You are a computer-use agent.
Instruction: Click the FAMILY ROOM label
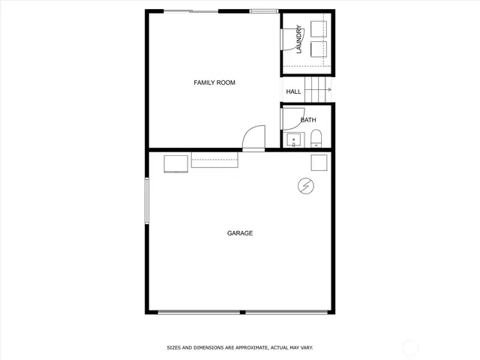(x=214, y=82)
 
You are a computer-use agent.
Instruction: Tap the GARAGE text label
(x=240, y=233)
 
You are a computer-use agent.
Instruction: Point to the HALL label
(x=293, y=91)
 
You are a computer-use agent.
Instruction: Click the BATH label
(x=308, y=120)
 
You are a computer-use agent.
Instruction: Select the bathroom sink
(x=292, y=139)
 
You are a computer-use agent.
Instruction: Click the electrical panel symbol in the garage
(x=306, y=185)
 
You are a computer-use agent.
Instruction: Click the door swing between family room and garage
(x=253, y=137)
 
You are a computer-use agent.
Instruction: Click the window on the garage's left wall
(x=147, y=200)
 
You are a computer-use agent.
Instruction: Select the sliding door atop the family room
(x=192, y=11)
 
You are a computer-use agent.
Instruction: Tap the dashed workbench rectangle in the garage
(x=215, y=160)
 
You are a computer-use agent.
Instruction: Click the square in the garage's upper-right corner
(x=319, y=163)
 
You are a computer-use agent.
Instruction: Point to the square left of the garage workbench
(x=176, y=163)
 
